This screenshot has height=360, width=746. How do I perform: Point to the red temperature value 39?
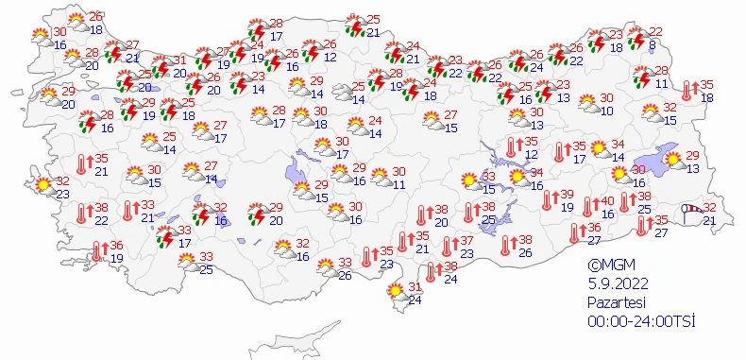tap(567, 194)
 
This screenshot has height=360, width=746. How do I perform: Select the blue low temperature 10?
tap(607, 111)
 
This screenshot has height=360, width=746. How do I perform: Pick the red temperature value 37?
tap(466, 241)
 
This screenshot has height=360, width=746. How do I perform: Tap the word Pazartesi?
tap(613, 300)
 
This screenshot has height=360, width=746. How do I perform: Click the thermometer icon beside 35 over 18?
tap(688, 92)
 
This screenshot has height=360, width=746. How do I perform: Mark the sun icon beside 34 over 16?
tap(517, 178)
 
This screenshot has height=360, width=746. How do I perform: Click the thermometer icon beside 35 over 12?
tap(511, 147)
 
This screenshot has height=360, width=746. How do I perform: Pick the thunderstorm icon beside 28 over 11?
tap(642, 77)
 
